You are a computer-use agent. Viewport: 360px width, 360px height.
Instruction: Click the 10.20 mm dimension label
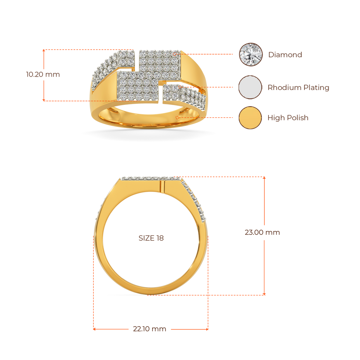43,75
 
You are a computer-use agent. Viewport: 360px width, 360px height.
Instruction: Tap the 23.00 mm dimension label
262,232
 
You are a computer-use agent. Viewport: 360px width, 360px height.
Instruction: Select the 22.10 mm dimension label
149,329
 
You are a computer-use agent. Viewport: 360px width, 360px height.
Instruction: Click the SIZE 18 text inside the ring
151,238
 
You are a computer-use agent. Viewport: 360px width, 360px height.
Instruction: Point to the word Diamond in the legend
285,54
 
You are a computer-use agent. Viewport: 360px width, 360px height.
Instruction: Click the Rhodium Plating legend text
298,88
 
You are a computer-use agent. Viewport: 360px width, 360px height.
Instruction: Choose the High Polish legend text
288,118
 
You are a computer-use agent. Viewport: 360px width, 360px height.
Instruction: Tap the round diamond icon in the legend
251,54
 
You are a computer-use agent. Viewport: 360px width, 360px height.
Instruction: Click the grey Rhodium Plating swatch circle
250,87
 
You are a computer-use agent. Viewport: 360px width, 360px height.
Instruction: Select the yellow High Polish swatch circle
250,117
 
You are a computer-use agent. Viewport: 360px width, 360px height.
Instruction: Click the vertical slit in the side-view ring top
162,187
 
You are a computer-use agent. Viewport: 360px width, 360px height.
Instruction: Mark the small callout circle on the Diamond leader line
175,54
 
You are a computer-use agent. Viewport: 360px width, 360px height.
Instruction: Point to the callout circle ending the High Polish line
177,117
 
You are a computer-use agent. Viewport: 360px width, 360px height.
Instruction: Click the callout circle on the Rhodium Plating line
180,87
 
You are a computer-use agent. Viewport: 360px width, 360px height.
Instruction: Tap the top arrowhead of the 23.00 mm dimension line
264,178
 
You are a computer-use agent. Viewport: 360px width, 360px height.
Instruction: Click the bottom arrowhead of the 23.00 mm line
264,294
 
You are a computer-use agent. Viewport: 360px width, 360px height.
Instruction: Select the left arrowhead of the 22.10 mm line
94,329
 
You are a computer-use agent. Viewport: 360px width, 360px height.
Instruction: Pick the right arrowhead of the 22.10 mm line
207,329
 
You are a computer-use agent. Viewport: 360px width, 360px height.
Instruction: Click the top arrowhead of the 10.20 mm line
44,51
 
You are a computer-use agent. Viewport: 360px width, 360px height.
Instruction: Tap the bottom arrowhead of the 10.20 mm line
44,100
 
